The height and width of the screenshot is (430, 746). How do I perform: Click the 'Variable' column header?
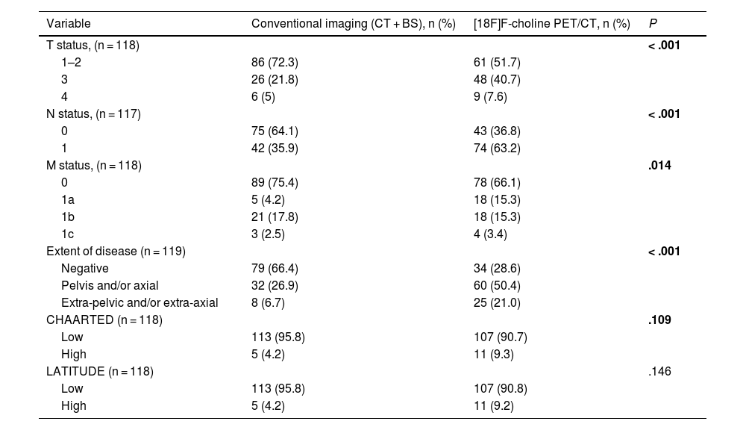69,23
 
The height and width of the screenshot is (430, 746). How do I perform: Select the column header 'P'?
653,23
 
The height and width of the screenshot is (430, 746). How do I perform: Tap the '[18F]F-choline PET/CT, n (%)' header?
552,23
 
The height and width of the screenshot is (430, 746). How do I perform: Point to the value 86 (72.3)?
275,63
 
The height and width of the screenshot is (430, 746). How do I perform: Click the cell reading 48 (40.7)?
497,80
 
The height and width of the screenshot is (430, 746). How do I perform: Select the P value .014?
659,165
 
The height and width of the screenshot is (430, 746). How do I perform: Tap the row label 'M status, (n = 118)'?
94,165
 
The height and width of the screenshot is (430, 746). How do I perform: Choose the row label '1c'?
68,234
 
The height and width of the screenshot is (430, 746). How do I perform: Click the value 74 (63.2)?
497,148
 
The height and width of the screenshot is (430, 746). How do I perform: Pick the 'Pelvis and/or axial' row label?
110,285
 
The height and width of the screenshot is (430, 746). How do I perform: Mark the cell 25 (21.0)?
497,302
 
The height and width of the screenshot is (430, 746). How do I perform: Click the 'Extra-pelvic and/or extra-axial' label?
140,302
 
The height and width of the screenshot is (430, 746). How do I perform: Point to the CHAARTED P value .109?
659,320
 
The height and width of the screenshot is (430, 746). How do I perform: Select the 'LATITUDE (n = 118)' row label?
100,371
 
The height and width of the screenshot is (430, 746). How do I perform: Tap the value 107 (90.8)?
501,388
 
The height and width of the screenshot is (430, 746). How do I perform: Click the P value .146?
659,371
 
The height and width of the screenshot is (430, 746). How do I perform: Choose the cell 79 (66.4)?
275,268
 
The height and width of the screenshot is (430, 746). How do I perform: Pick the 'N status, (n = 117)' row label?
93,113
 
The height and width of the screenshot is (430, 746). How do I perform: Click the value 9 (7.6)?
491,96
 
